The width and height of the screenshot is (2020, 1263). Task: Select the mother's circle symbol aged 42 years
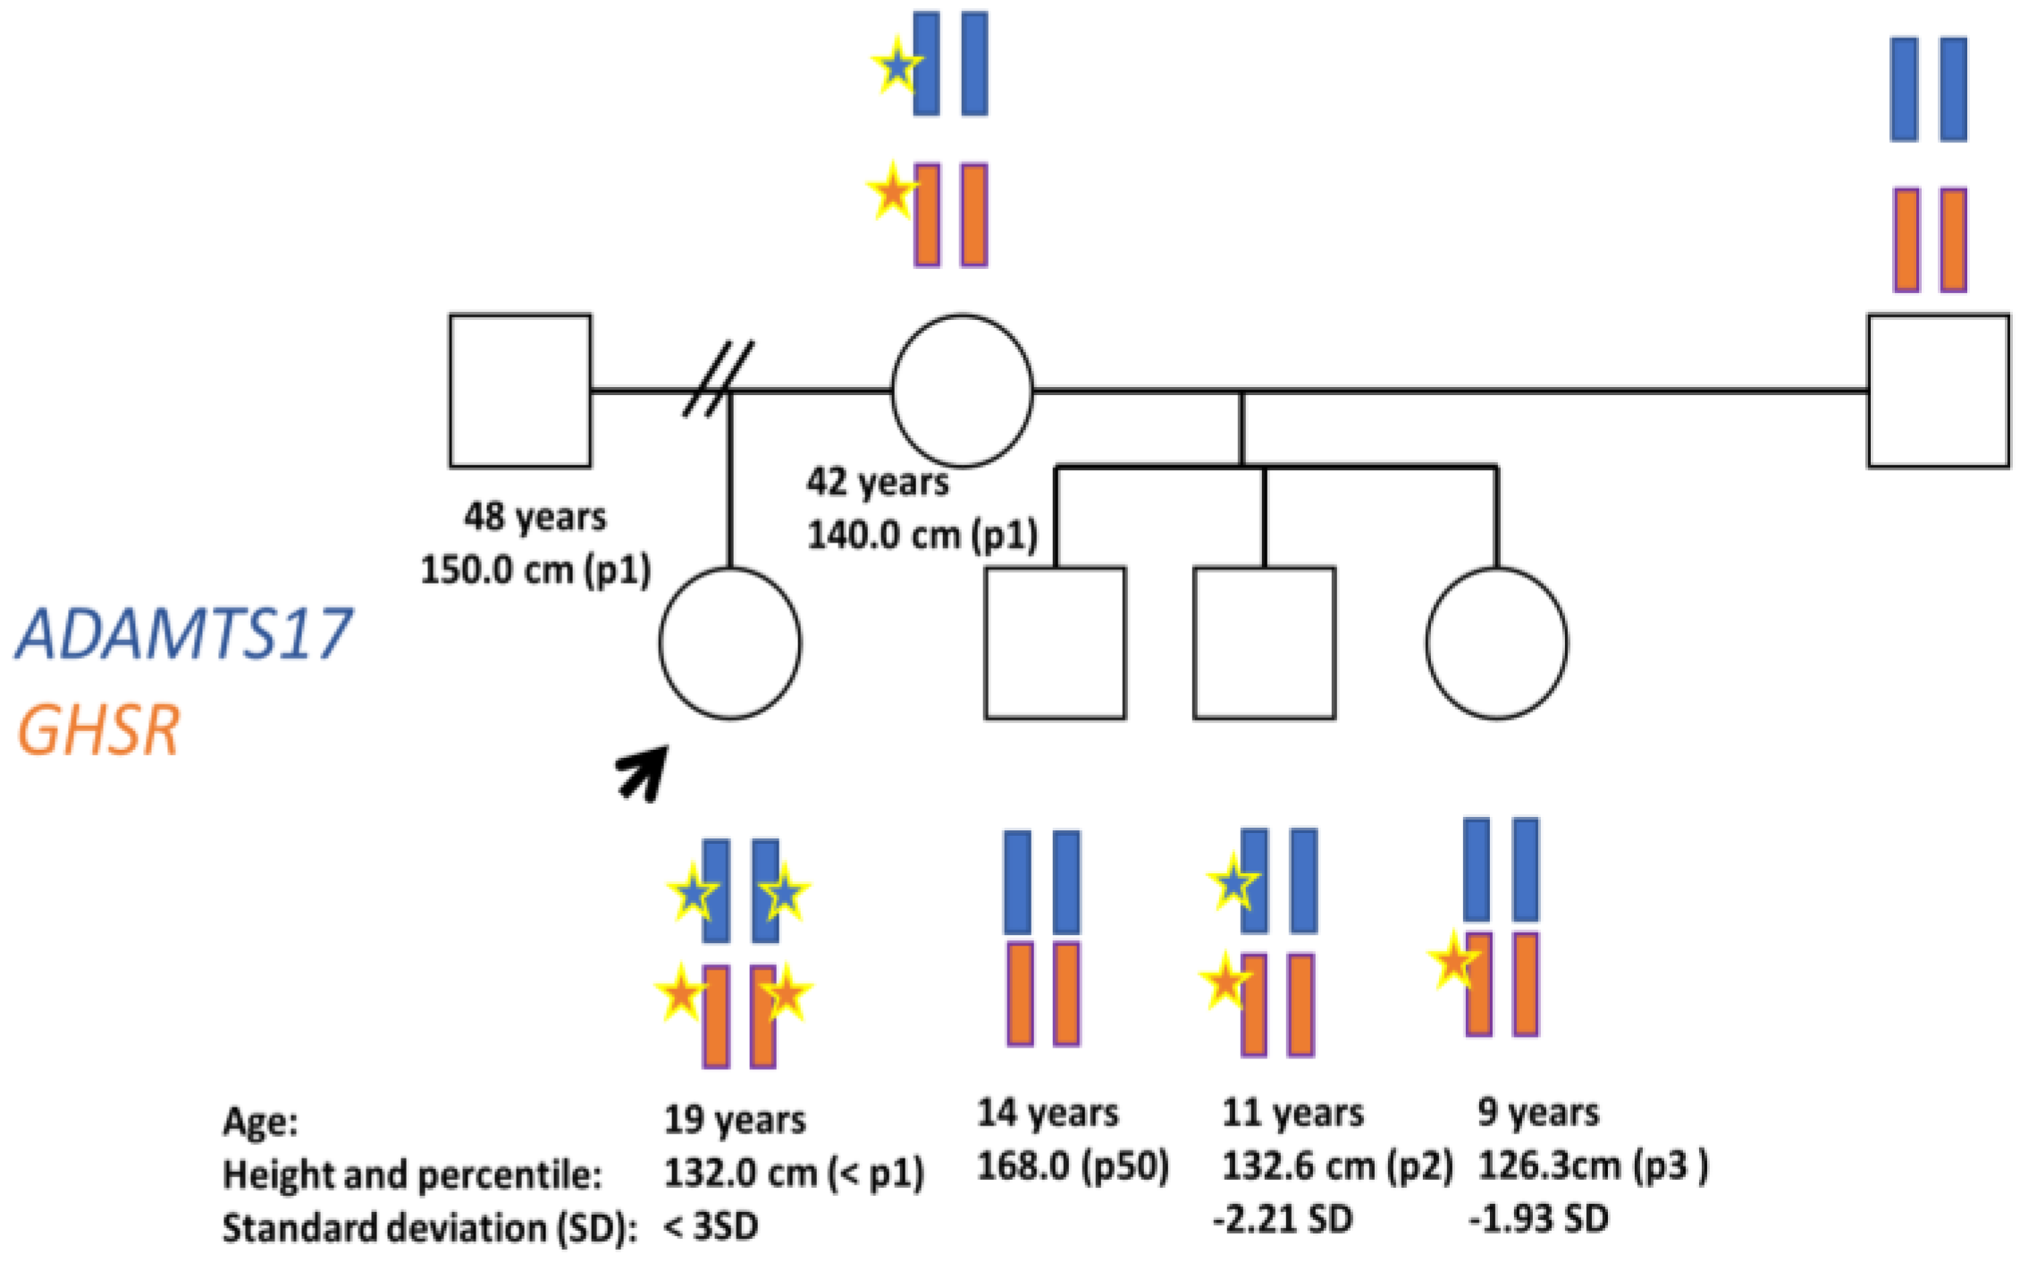tap(962, 391)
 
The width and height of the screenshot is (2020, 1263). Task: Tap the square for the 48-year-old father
tap(519, 391)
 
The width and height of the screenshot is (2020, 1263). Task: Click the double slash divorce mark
tap(718, 378)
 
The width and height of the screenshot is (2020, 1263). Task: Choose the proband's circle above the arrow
tap(730, 643)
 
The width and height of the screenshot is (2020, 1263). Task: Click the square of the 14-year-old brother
tap(1055, 643)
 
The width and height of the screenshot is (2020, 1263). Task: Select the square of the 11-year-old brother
tap(1264, 643)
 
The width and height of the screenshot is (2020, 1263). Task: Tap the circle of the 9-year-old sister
tap(1496, 643)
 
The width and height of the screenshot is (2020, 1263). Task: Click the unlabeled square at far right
tap(1938, 391)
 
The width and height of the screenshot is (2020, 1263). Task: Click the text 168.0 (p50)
tap(1073, 1166)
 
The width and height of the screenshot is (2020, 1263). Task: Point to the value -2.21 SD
tap(1283, 1218)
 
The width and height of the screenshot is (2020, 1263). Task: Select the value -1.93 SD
tap(1539, 1218)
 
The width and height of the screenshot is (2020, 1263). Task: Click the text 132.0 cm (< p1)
tap(794, 1173)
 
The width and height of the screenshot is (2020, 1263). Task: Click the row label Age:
tap(260, 1121)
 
